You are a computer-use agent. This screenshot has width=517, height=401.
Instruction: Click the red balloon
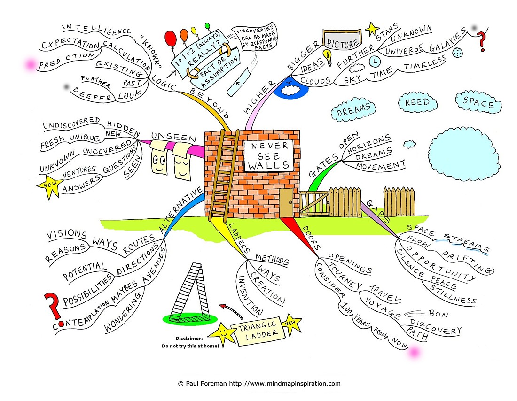pyautogui.click(x=171, y=39)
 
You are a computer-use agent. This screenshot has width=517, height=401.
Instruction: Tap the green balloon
pyautogui.click(x=207, y=26)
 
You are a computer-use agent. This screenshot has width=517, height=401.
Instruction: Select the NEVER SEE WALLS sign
pyautogui.click(x=269, y=156)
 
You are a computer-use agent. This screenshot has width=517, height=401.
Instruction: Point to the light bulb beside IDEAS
pyautogui.click(x=328, y=57)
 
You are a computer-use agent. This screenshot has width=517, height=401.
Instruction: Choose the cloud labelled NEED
pyautogui.click(x=417, y=102)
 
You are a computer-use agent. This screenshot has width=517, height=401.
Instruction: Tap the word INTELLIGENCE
pyautogui.click(x=97, y=29)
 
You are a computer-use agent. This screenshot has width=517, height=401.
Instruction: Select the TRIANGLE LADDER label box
pyautogui.click(x=258, y=332)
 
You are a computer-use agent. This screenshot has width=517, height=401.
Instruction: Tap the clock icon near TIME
pyautogui.click(x=375, y=62)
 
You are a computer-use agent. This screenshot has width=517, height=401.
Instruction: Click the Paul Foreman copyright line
pyautogui.click(x=259, y=383)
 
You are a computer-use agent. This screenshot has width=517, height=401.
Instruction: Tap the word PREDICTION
pyautogui.click(x=67, y=60)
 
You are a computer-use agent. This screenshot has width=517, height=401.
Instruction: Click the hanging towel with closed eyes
pyautogui.click(x=181, y=161)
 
